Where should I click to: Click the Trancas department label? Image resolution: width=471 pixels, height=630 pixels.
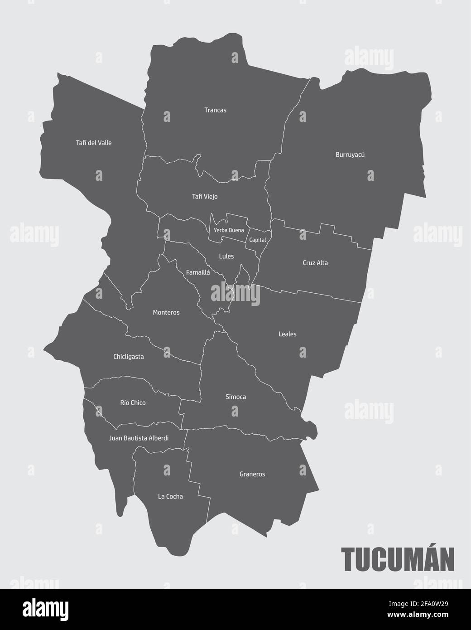pyautogui.click(x=215, y=110)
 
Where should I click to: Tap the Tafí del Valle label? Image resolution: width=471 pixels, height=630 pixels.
pyautogui.click(x=94, y=143)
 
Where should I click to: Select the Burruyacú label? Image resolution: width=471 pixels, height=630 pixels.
pyautogui.click(x=350, y=155)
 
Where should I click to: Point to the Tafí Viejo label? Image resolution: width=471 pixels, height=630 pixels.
pyautogui.click(x=205, y=197)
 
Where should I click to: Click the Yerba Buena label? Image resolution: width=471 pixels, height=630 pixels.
pyautogui.click(x=229, y=230)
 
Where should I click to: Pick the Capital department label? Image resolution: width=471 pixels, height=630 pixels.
pyautogui.click(x=258, y=240)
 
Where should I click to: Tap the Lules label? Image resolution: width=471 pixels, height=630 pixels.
pyautogui.click(x=226, y=257)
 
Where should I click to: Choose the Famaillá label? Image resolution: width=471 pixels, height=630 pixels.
pyautogui.click(x=198, y=272)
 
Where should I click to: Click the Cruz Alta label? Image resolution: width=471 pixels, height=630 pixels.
pyautogui.click(x=315, y=263)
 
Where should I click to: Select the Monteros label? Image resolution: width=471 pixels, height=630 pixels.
pyautogui.click(x=166, y=313)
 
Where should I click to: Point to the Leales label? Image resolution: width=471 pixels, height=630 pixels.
pyautogui.click(x=288, y=334)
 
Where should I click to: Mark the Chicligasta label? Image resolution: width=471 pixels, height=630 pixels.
pyautogui.click(x=129, y=357)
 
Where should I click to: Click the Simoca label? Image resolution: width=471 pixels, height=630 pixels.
pyautogui.click(x=236, y=397)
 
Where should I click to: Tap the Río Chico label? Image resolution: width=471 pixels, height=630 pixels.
pyautogui.click(x=133, y=403)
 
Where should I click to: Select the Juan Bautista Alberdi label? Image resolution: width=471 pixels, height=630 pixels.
pyautogui.click(x=139, y=438)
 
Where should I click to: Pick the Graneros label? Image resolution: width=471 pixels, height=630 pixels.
pyautogui.click(x=252, y=475)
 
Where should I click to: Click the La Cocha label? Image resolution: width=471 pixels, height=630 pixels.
pyautogui.click(x=170, y=497)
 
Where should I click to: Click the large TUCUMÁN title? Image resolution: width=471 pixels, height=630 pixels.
pyautogui.click(x=397, y=560)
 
